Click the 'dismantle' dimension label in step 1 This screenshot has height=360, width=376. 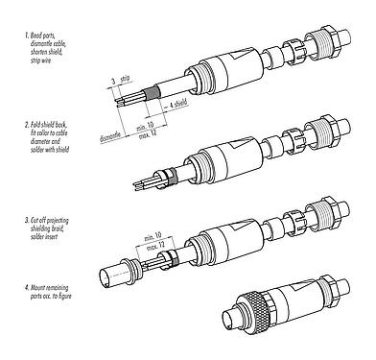point(112,137)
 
